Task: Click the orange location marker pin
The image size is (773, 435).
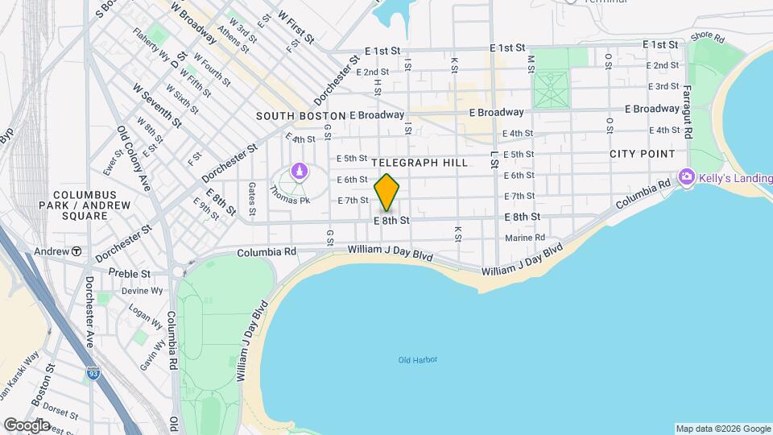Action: click(x=387, y=192)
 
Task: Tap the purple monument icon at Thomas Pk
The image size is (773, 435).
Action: click(x=299, y=172)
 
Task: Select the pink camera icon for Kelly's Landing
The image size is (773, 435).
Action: click(x=687, y=176)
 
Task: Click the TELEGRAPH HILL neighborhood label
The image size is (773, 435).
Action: click(x=420, y=163)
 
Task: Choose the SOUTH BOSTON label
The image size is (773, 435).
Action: click(x=300, y=116)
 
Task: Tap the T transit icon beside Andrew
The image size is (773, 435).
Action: click(x=76, y=251)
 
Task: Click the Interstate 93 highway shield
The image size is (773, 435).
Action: click(x=94, y=373)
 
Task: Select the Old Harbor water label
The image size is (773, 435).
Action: click(x=418, y=359)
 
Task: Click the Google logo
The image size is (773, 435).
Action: click(x=27, y=425)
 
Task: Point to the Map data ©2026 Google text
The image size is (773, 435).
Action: click(x=722, y=429)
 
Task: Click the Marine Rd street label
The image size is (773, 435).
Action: click(x=524, y=238)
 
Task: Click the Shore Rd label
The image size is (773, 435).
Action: click(x=707, y=37)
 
